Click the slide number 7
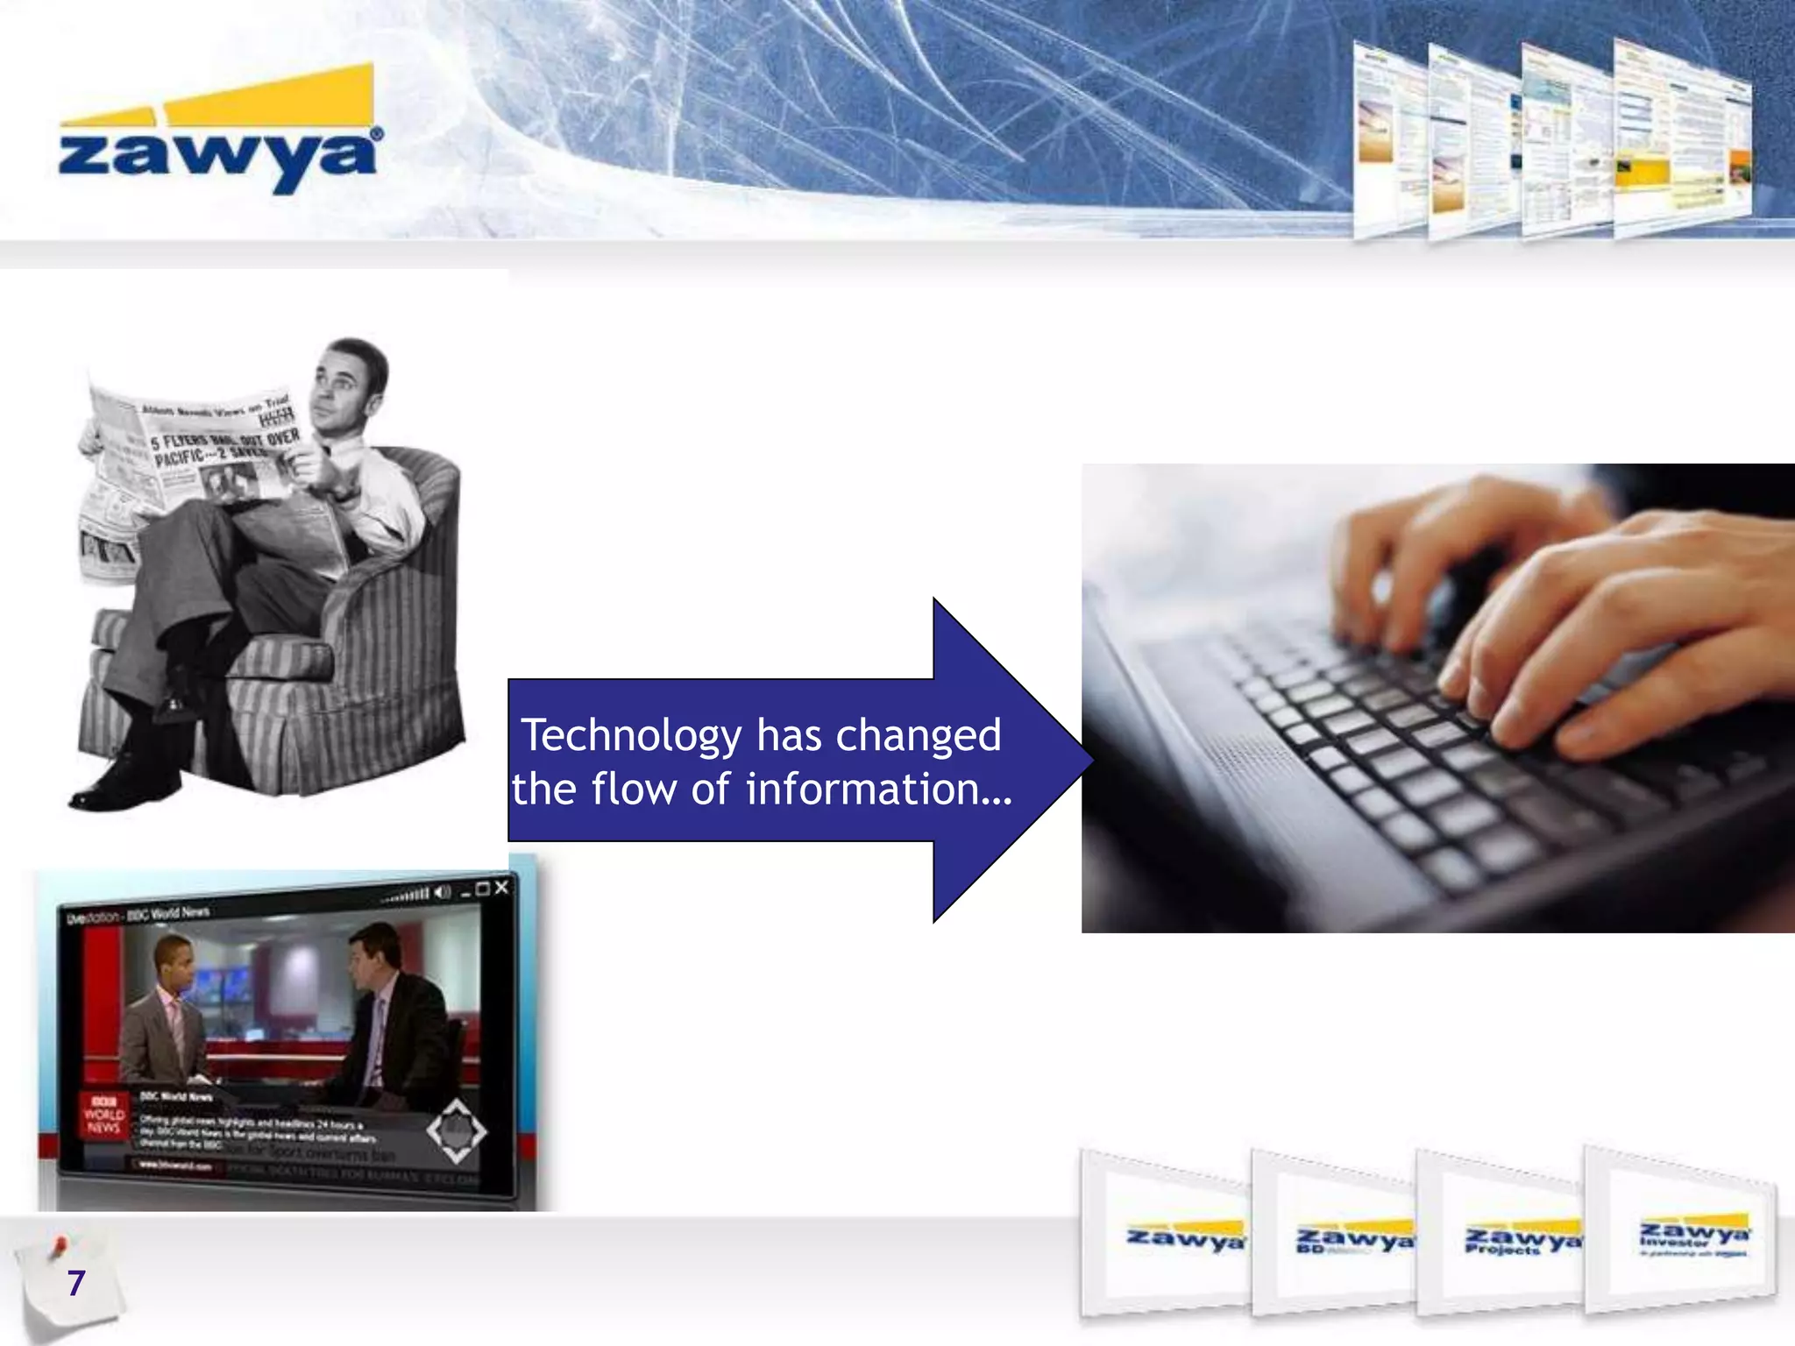(x=75, y=1283)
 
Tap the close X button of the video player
(x=501, y=888)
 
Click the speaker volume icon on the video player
(x=443, y=893)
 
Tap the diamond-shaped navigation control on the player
(x=456, y=1131)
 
